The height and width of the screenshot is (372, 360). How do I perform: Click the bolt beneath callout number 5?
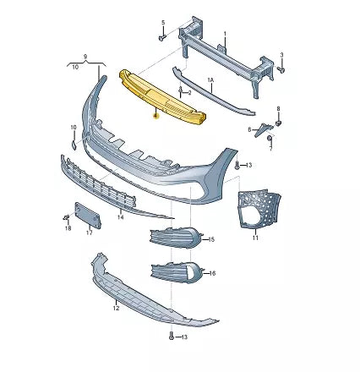161,37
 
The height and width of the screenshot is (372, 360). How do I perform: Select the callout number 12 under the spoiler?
116,309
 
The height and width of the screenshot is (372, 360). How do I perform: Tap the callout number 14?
120,217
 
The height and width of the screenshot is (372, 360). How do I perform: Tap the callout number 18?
68,228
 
